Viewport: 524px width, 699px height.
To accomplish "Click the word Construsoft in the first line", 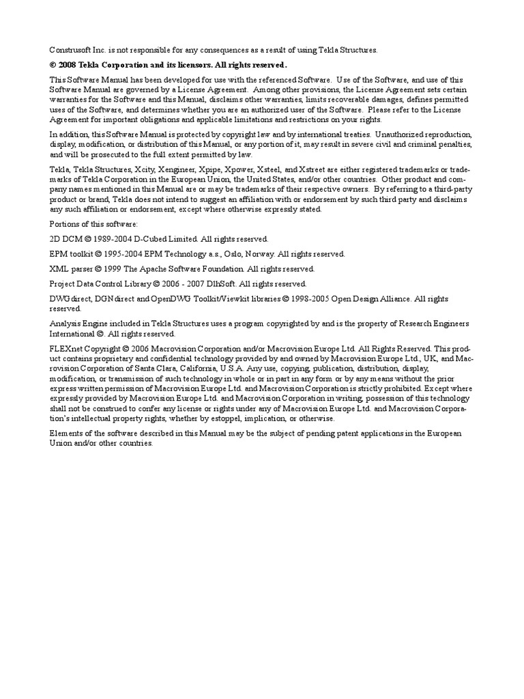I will [x=70, y=50].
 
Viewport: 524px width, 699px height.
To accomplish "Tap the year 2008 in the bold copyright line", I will [x=70, y=65].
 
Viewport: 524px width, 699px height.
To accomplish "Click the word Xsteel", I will [x=265, y=169].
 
